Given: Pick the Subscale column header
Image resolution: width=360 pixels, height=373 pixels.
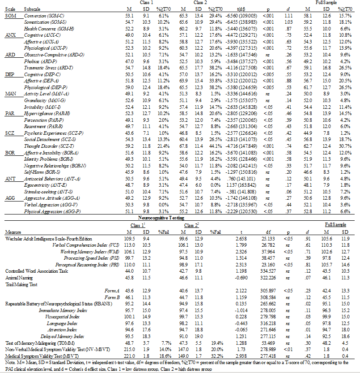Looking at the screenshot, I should (x=34, y=9).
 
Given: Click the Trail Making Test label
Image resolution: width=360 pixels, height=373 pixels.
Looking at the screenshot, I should (x=21, y=284).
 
